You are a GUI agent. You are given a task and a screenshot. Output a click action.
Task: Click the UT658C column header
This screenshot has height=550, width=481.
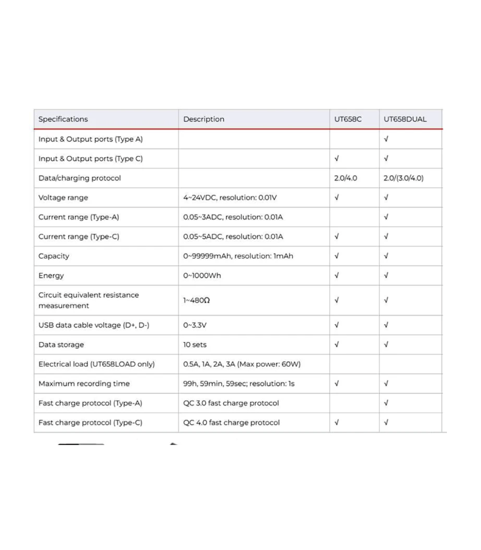tap(348, 119)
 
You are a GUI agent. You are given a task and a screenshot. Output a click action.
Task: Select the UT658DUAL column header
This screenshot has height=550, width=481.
tap(405, 119)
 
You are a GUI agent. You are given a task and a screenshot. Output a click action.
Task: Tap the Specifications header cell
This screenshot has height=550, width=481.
tap(63, 119)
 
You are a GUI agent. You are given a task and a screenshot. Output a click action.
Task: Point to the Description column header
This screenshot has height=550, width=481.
tap(204, 119)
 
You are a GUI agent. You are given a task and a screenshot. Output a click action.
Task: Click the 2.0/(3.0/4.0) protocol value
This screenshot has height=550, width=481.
tap(403, 178)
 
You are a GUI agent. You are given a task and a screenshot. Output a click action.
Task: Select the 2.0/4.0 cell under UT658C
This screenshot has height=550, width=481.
tap(346, 178)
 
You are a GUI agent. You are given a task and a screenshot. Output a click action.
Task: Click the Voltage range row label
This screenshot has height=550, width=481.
tap(63, 198)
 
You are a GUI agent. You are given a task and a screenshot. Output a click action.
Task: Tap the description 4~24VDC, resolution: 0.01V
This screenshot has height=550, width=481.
tap(230, 198)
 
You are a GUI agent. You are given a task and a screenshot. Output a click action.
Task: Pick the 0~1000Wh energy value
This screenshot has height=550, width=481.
tap(202, 276)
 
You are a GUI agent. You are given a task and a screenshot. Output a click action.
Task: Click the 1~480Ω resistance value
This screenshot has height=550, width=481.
tap(196, 300)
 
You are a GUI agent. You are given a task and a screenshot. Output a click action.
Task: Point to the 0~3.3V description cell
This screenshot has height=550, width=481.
tap(195, 325)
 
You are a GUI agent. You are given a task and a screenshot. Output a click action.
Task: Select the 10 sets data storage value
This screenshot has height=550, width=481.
tap(195, 345)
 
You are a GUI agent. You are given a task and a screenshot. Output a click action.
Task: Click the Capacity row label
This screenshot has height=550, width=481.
tap(54, 256)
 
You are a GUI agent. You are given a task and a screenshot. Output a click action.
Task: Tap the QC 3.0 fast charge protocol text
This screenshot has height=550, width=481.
tap(231, 403)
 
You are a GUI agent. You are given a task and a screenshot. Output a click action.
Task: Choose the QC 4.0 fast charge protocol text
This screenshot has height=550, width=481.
tap(231, 423)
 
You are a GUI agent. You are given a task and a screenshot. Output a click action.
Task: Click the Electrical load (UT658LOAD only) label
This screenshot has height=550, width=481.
tap(96, 364)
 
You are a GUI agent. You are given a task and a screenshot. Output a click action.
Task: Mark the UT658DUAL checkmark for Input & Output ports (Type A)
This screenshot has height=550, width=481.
tap(386, 139)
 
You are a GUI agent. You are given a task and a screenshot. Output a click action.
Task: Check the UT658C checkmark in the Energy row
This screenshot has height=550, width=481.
tap(337, 275)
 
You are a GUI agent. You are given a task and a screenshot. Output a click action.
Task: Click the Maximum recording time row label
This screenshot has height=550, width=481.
tap(84, 384)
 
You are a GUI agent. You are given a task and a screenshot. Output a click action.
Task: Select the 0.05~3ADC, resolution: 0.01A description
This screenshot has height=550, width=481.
tap(233, 217)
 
